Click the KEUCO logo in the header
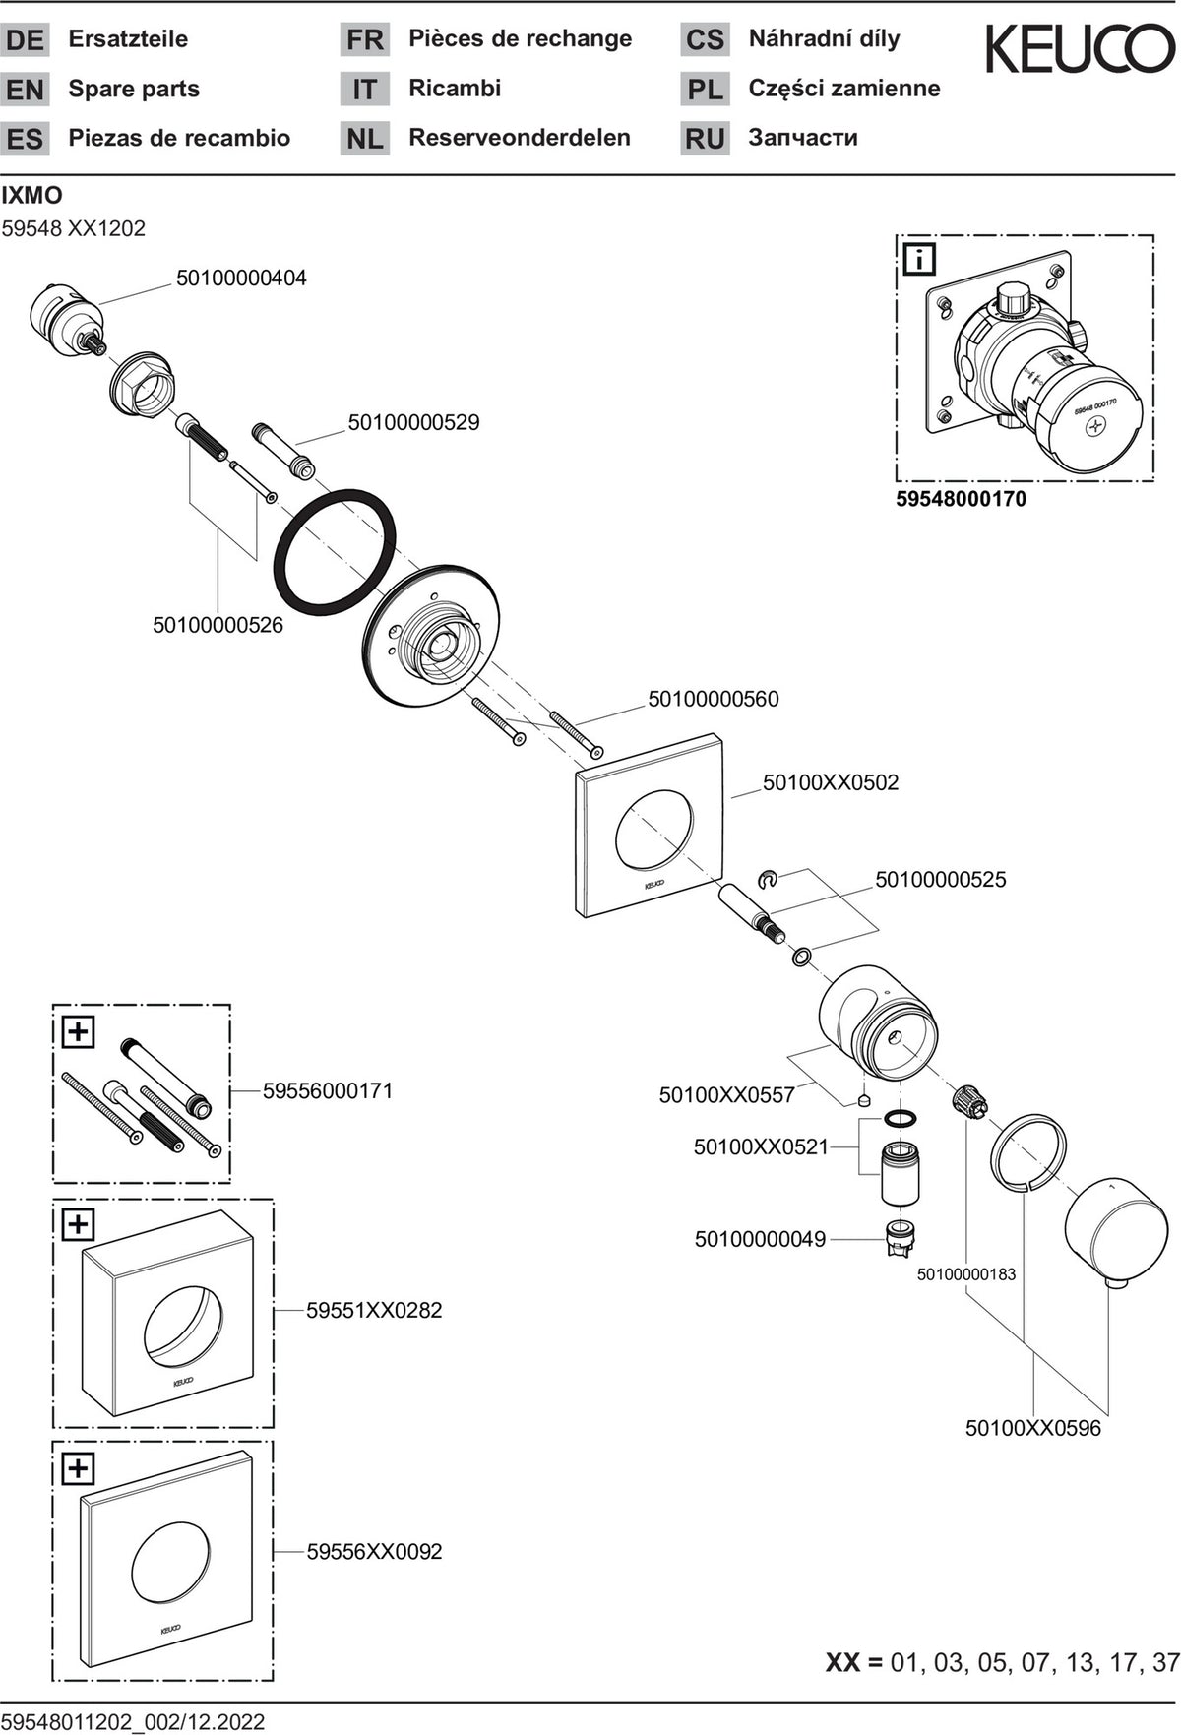point(1081,50)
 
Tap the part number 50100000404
point(241,279)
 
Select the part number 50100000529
point(413,423)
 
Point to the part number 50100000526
point(218,625)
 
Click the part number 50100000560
point(713,700)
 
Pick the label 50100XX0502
point(831,783)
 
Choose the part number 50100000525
point(941,880)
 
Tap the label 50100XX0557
point(727,1095)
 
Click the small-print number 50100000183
point(966,1274)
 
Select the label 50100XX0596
point(1033,1428)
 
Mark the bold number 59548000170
point(961,499)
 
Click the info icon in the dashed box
point(919,260)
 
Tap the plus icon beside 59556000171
point(78,1032)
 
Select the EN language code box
point(25,90)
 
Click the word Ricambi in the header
point(455,89)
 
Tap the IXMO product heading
point(31,196)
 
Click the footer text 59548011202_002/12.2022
point(133,1721)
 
